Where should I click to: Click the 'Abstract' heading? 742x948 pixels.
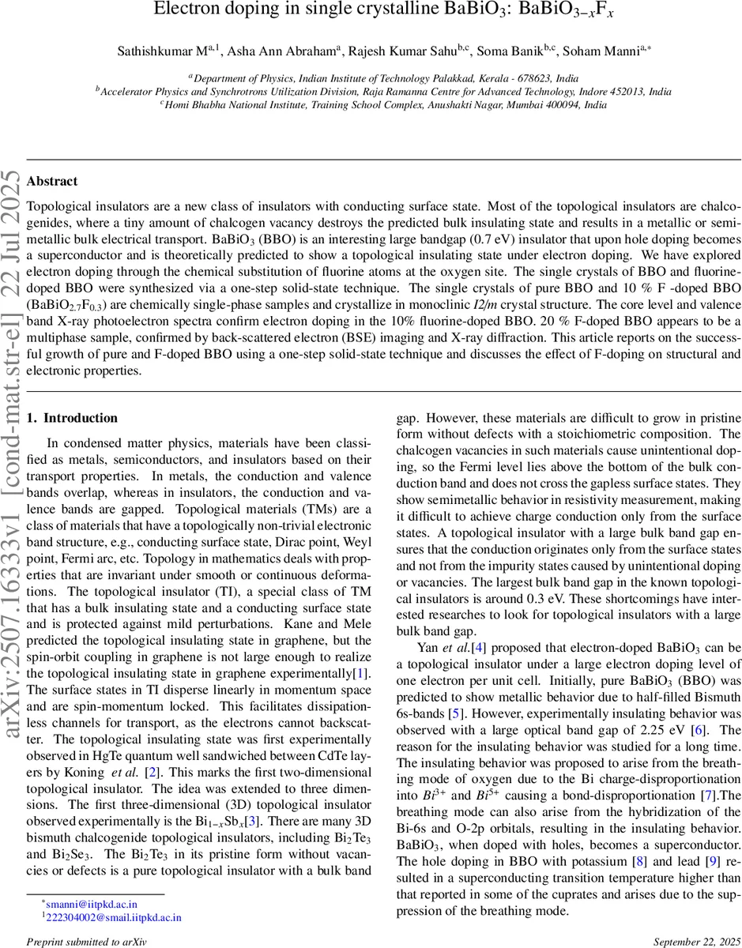(52, 182)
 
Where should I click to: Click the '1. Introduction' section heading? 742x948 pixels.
(72, 418)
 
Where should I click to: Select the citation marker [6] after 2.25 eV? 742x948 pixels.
(701, 730)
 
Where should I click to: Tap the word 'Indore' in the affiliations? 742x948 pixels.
(578, 92)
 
